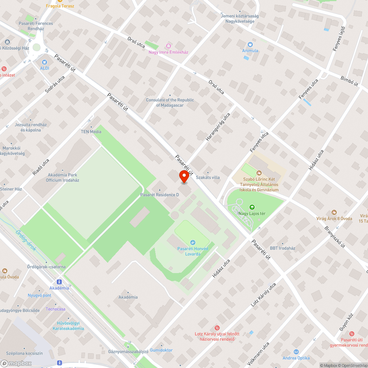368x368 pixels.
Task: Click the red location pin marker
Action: [184, 177]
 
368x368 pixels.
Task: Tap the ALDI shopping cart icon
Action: [45, 63]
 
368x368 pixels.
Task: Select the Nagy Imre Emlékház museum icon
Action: [169, 46]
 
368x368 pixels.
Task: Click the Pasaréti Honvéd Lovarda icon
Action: [192, 242]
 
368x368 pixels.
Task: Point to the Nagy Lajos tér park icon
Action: [252, 207]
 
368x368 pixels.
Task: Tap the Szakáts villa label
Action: [208, 177]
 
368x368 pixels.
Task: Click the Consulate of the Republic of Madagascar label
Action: [170, 103]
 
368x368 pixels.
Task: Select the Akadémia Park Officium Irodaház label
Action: [63, 178]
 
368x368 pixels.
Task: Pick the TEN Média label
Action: [91, 131]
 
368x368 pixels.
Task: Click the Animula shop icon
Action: [250, 44]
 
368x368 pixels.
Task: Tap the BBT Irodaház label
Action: [283, 248]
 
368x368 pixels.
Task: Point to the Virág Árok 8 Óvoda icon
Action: [334, 212]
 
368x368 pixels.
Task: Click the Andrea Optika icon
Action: [296, 352]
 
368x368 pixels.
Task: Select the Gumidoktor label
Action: [161, 350]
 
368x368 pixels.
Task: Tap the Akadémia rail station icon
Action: [59, 282]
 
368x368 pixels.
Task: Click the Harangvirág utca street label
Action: [218, 127]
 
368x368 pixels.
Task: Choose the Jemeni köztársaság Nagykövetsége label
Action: [240, 19]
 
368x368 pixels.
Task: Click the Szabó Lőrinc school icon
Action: [259, 173]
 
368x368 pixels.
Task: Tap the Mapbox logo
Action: [16, 363]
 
